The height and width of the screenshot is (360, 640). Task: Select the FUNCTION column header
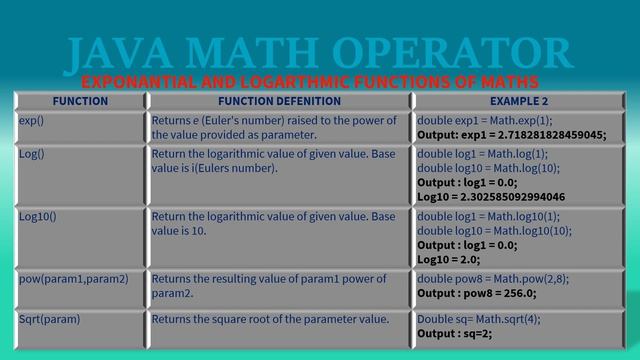pos(80,101)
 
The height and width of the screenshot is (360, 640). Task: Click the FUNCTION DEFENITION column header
pos(279,101)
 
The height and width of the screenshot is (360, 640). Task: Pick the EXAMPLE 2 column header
pos(519,101)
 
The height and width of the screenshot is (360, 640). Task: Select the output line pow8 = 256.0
pos(477,293)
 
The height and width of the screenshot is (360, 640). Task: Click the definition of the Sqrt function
pos(270,319)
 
